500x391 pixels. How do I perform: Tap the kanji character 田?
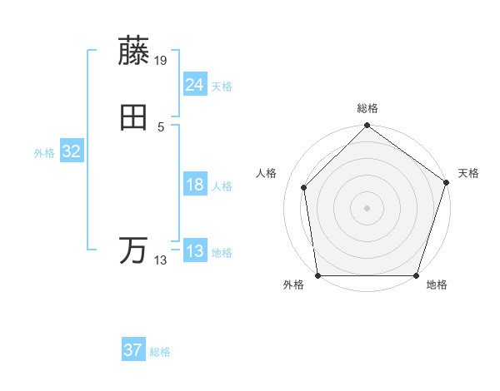(134, 118)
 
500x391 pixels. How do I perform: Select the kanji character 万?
(134, 250)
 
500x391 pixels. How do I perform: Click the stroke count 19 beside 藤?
(161, 60)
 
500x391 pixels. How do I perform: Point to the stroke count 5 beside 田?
(161, 127)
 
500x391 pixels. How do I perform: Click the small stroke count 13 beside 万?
(161, 260)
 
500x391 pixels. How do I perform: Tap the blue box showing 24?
(194, 85)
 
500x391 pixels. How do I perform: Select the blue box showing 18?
(194, 186)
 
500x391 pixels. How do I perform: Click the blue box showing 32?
(71, 151)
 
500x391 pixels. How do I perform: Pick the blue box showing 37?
(132, 350)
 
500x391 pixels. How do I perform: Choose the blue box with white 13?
(194, 251)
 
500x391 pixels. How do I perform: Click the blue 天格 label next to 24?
(222, 87)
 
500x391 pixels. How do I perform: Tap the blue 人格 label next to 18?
(222, 186)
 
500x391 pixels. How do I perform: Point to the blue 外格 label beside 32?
(44, 153)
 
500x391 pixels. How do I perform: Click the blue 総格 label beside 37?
(160, 352)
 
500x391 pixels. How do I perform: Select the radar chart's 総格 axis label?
(367, 109)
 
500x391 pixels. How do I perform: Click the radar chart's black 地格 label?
(437, 285)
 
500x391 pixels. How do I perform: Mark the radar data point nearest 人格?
(304, 187)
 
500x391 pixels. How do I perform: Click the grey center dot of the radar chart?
(367, 207)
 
